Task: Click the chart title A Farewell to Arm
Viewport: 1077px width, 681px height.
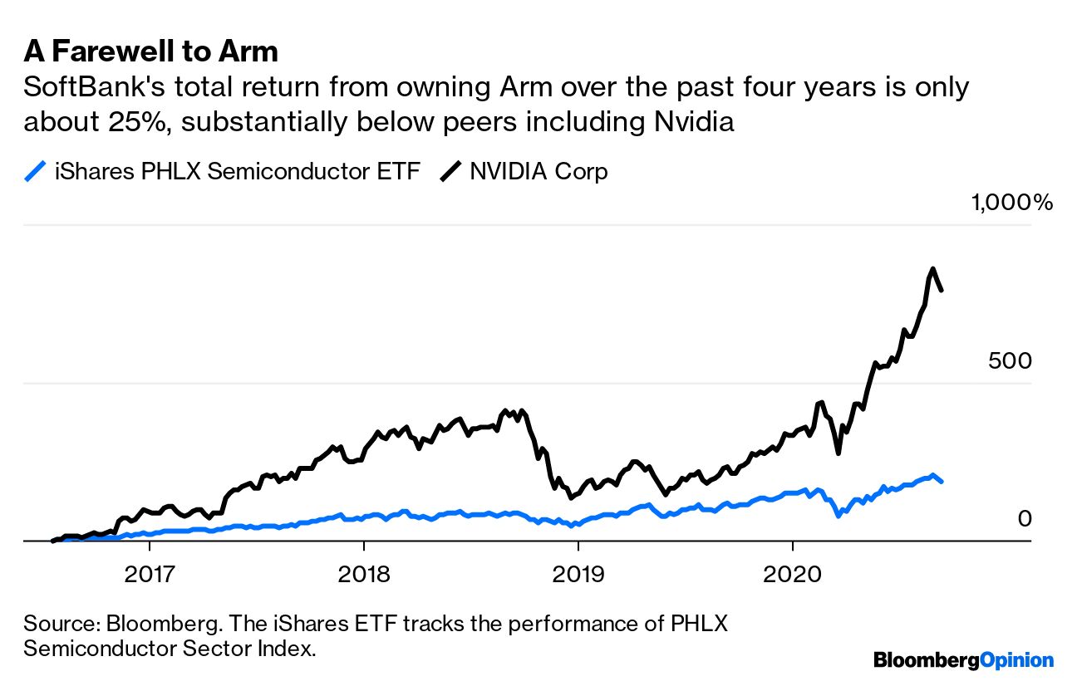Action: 150,51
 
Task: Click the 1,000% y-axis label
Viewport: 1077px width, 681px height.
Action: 1011,202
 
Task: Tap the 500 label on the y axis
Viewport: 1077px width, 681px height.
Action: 1009,361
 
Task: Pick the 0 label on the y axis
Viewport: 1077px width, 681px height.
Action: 1024,519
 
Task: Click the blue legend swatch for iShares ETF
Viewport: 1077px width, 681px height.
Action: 35,172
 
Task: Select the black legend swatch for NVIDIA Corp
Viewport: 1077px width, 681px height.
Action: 451,172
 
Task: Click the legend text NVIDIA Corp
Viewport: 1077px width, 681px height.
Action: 538,172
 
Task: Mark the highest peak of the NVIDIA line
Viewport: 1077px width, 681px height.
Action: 933,268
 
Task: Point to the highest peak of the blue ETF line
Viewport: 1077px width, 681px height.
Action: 933,475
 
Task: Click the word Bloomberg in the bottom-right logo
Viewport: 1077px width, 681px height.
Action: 927,660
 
